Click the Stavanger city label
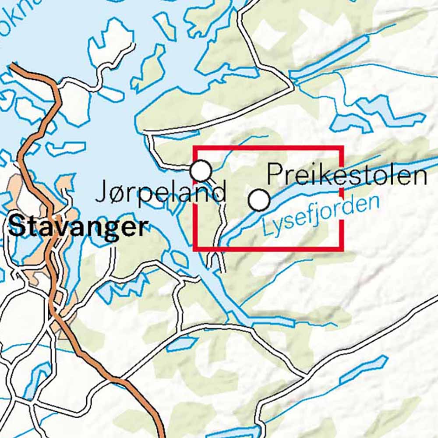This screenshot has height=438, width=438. (77, 227)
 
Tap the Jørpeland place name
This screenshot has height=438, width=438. (161, 192)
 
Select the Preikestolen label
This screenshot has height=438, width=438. (346, 174)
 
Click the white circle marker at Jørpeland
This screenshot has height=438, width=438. (201, 170)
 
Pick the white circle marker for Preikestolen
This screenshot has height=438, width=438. (259, 200)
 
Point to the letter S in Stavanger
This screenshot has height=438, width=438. (16, 227)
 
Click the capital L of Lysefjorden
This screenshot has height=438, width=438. (266, 229)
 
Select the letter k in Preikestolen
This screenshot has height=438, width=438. (314, 174)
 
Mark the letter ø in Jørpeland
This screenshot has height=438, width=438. (113, 193)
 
